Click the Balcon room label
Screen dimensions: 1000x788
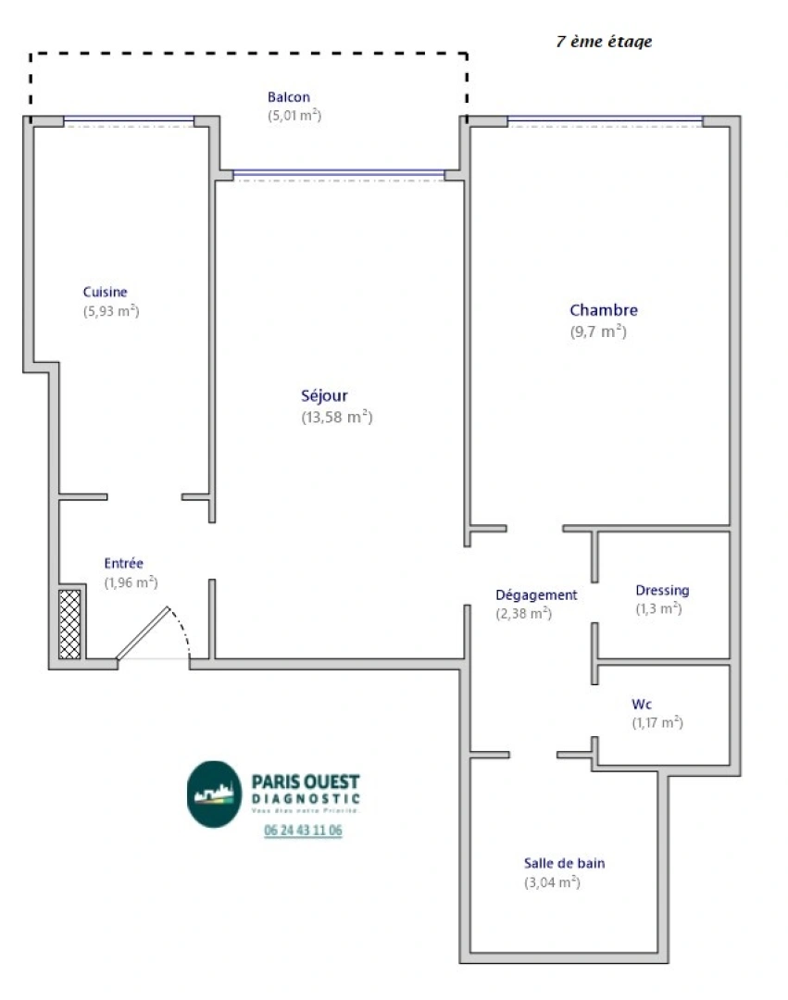click(x=288, y=97)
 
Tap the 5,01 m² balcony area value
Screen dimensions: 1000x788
click(x=294, y=116)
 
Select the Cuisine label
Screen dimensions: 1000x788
click(x=105, y=292)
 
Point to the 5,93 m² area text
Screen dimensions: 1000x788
click(x=111, y=311)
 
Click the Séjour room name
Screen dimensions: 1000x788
click(x=324, y=396)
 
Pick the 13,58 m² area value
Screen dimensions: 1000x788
click(x=337, y=417)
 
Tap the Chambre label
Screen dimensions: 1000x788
click(x=603, y=310)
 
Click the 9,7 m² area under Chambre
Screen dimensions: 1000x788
click(x=598, y=331)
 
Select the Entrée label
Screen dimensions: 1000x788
click(x=123, y=563)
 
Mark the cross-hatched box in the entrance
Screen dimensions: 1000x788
click(x=69, y=624)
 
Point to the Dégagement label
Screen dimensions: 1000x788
click(x=536, y=594)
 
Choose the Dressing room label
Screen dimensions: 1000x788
click(x=662, y=590)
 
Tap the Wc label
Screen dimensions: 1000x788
click(x=642, y=704)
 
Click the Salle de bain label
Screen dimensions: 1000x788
click(x=565, y=863)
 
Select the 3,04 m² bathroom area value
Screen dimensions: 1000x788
click(x=552, y=882)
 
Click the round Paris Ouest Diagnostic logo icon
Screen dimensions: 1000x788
click(x=214, y=794)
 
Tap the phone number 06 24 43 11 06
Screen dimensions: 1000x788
click(x=303, y=831)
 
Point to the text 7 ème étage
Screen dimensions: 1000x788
click(x=604, y=42)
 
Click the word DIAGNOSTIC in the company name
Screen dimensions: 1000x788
click(x=306, y=798)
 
